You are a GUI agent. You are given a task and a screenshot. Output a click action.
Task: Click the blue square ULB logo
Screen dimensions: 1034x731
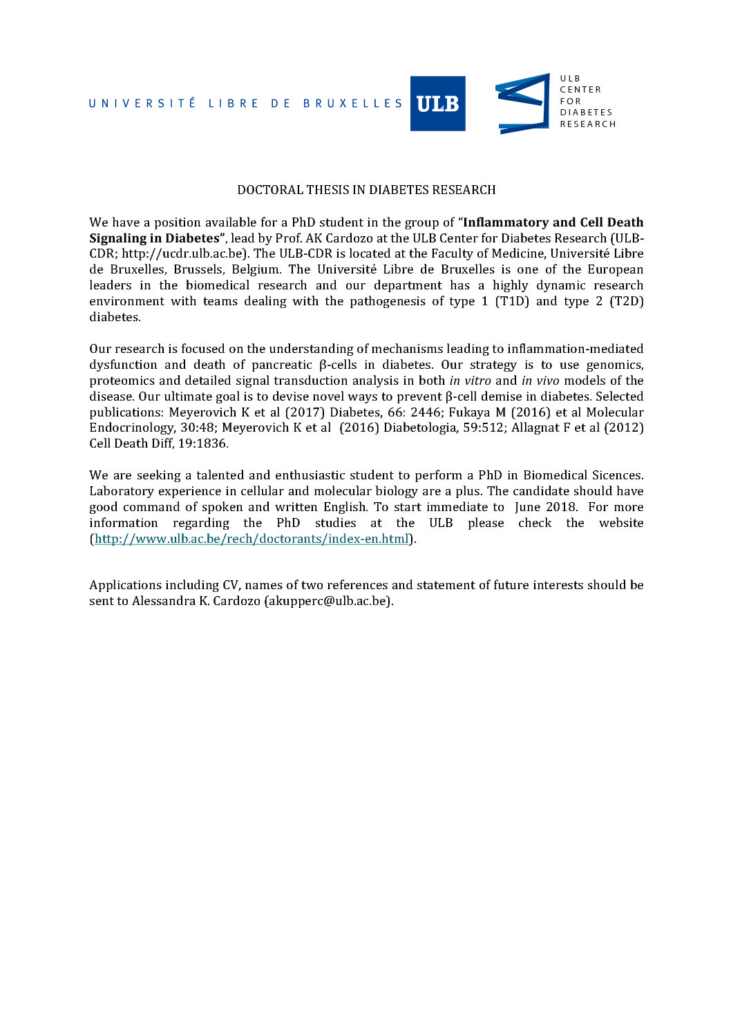click(x=437, y=104)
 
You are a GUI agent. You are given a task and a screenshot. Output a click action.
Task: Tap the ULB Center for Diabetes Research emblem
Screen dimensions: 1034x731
click(x=522, y=104)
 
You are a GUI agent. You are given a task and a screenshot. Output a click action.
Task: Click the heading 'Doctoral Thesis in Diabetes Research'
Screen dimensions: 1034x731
click(x=366, y=190)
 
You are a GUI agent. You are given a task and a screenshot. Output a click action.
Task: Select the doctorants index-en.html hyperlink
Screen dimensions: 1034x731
click(x=251, y=539)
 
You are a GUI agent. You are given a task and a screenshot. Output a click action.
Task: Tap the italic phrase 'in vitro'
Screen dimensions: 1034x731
click(x=470, y=381)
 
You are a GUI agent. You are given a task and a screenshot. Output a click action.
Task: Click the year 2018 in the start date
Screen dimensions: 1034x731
click(x=561, y=507)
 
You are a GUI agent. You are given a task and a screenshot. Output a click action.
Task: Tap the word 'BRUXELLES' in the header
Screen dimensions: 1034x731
click(x=352, y=104)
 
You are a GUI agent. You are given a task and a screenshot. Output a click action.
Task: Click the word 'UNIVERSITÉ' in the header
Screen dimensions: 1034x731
click(x=142, y=104)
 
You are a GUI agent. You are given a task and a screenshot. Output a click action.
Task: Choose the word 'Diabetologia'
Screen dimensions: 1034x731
click(x=419, y=428)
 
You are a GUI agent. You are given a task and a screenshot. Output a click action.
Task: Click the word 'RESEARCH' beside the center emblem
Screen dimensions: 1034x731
click(x=587, y=124)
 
